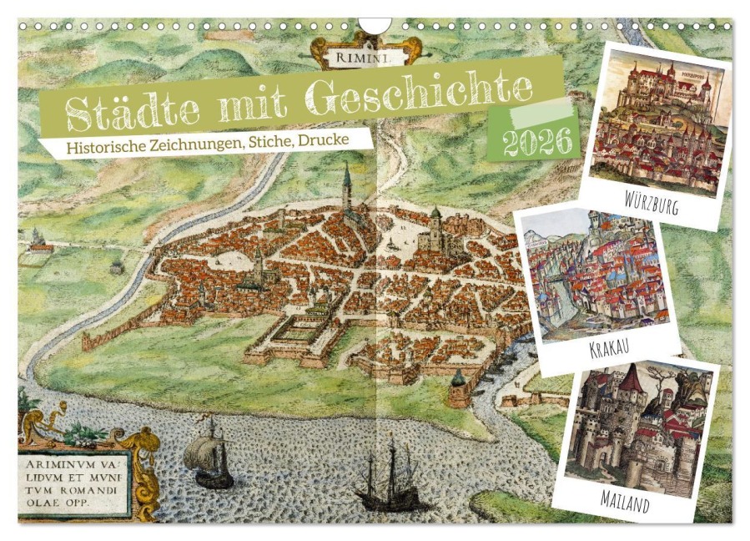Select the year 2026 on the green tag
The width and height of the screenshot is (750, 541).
tap(541, 141)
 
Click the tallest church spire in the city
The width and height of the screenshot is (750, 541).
tap(346, 188)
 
